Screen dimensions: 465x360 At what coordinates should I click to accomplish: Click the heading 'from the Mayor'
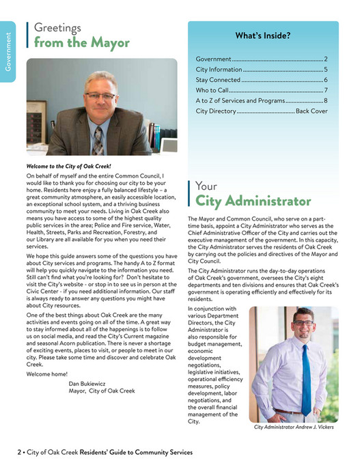click(81, 43)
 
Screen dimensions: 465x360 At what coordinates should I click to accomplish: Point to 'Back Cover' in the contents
click(311, 111)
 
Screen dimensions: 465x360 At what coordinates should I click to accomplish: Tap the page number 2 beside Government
click(326, 59)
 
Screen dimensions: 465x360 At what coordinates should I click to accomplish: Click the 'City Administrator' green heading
click(253, 201)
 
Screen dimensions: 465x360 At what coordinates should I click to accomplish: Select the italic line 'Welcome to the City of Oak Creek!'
click(68, 166)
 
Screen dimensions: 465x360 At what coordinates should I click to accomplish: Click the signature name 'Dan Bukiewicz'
click(91, 383)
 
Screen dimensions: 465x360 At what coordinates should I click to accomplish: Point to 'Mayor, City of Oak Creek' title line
click(102, 391)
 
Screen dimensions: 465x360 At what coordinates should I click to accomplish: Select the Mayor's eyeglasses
click(100, 96)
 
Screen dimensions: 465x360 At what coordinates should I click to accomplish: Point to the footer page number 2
click(19, 452)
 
